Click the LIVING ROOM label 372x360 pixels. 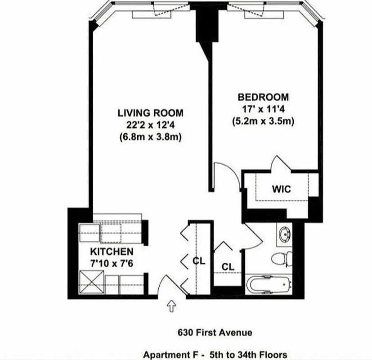pos(150,112)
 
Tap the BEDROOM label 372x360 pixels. pos(263,97)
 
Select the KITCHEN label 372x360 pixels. pos(112,252)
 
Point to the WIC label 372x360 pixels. pos(281,189)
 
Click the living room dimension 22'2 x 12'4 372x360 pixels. pos(150,125)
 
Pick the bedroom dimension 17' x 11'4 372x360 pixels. pos(263,109)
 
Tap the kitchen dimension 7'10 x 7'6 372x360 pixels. pos(112,264)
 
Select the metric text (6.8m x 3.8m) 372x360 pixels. pos(150,137)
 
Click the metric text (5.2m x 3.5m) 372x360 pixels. pos(263,121)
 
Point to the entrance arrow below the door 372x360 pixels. pos(171,307)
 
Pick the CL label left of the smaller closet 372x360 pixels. pos(199,261)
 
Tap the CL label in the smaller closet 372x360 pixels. pos(228,266)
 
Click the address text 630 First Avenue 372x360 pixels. pos(214,333)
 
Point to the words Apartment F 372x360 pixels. pos(169,355)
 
